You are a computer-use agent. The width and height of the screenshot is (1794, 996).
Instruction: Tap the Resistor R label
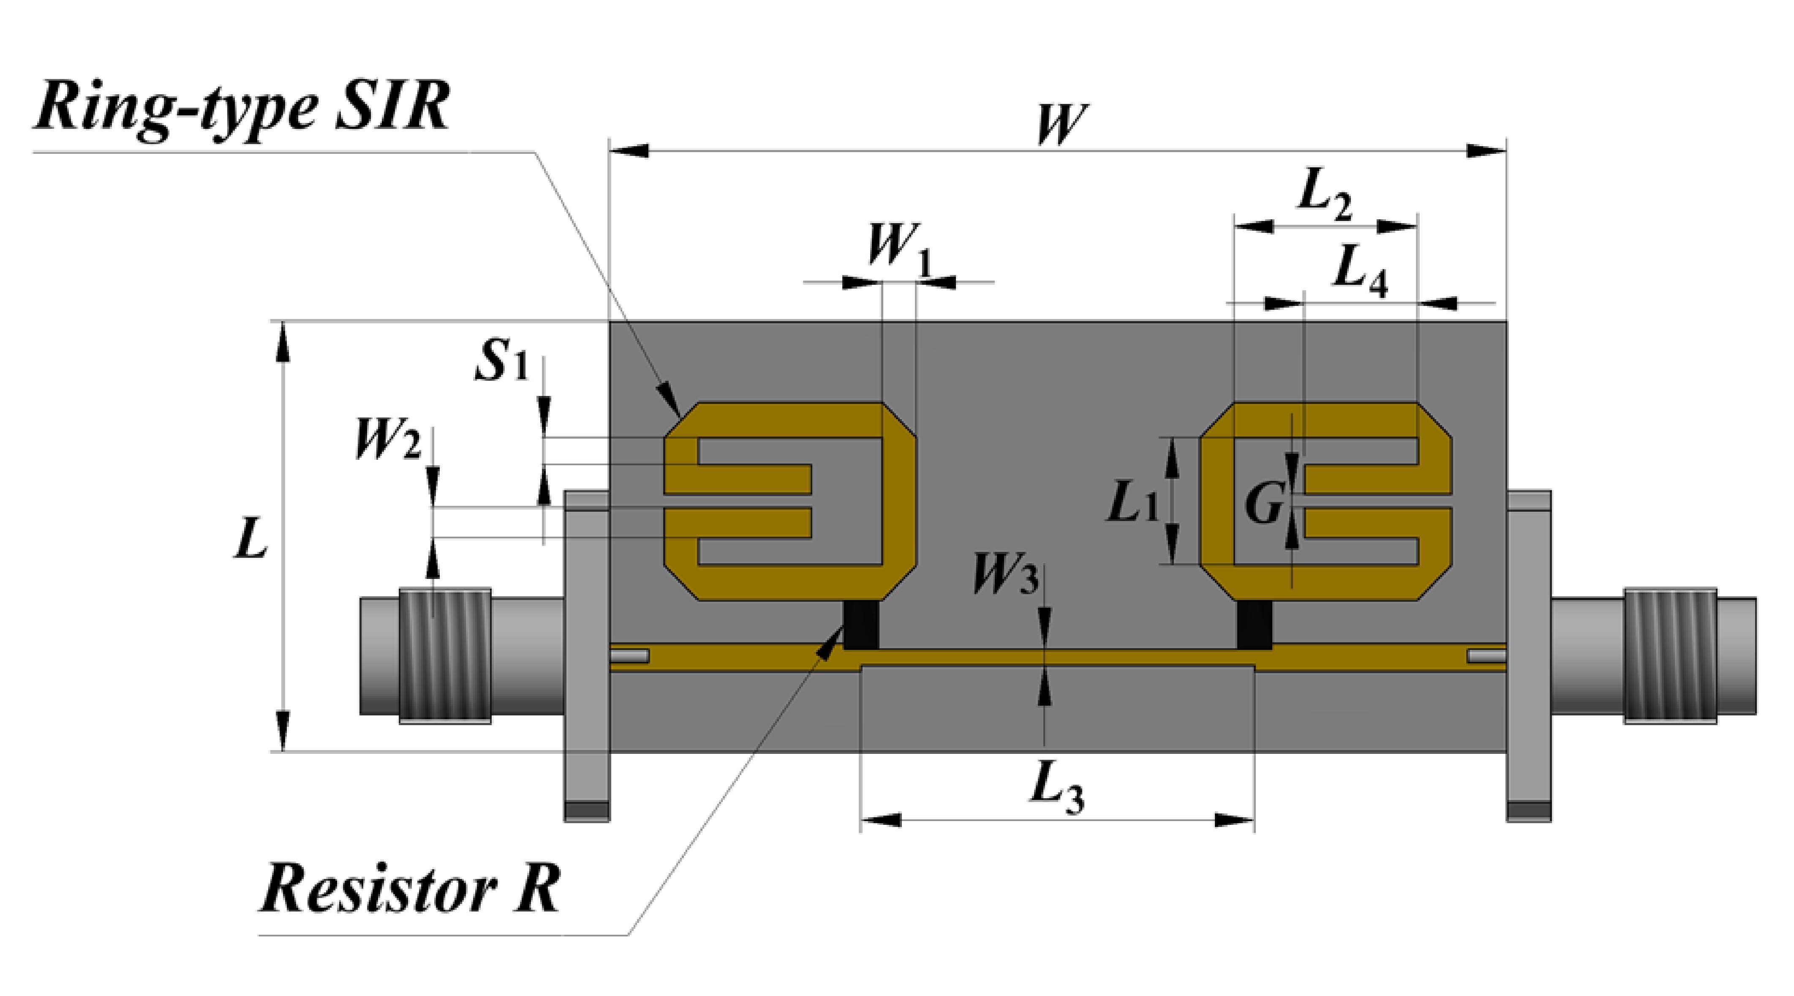(409, 889)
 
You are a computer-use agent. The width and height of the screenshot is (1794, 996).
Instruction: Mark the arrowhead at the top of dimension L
(282, 341)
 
